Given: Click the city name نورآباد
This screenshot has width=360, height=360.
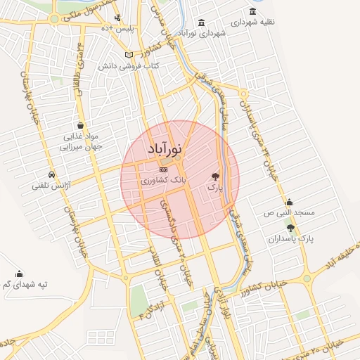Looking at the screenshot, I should tap(167, 150).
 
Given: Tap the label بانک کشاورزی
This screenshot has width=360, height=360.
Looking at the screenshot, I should tap(163, 181).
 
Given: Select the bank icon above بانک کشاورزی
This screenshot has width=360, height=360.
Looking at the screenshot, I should tap(164, 169).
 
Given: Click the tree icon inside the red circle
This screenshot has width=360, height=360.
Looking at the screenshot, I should tap(215, 177).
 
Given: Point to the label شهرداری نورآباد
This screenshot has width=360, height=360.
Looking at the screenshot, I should tap(202, 33).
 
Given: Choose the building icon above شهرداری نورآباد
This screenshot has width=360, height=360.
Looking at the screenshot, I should tap(202, 22).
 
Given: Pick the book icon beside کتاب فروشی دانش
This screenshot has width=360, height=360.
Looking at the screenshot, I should tap(127, 54).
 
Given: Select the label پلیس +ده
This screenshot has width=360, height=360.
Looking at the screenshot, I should tap(116, 27).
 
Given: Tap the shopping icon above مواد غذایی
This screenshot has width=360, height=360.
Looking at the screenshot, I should tap(82, 125).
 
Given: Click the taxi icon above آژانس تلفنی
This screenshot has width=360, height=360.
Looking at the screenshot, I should tap(51, 174).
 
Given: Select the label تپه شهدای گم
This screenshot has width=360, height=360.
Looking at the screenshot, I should tap(21, 285).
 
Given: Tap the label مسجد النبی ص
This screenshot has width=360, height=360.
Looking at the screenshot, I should tap(289, 212).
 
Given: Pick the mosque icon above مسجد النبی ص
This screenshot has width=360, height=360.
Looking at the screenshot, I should tap(289, 201).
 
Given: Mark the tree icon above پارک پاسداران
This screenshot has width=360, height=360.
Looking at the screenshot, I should tap(290, 227).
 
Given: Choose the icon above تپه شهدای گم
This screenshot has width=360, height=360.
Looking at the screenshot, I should tap(19, 274).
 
